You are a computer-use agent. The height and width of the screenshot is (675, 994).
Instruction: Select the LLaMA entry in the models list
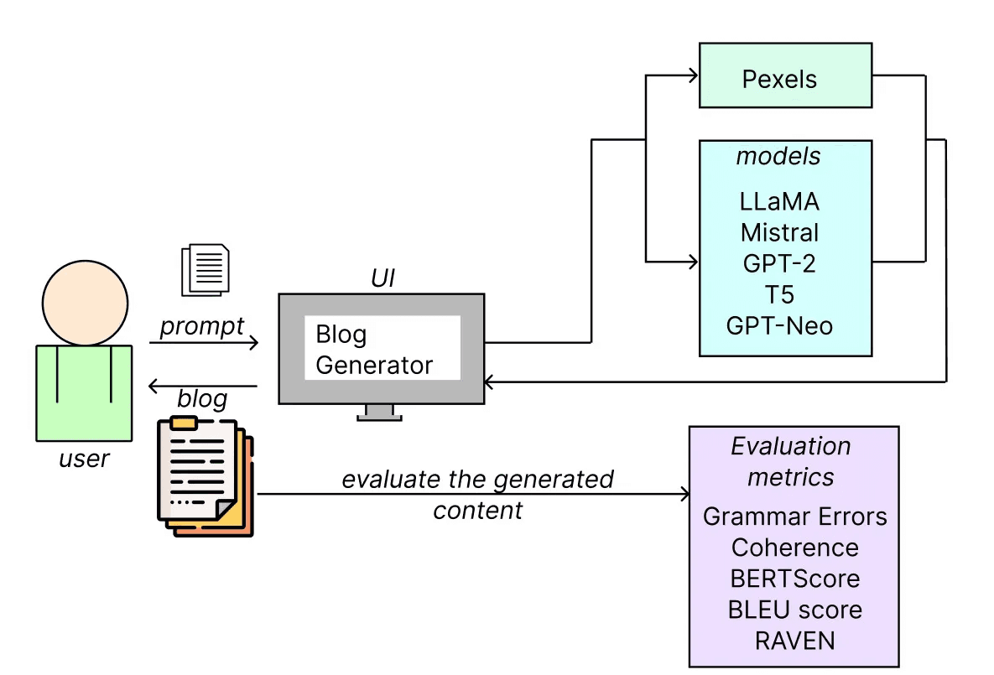point(779,202)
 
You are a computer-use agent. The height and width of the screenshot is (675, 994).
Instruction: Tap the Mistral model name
point(779,231)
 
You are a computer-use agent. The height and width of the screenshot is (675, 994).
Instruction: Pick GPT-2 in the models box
point(779,262)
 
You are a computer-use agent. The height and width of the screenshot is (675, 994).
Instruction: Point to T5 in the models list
point(779,293)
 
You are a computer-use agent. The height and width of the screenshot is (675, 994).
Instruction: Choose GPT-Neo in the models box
point(779,325)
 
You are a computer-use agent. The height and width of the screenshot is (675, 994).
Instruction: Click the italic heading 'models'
point(778,157)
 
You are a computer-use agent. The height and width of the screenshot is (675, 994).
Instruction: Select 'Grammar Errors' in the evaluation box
point(794,516)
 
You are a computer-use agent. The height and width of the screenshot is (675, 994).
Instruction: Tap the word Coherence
point(794,548)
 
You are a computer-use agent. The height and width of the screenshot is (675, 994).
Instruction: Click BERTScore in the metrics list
point(794,579)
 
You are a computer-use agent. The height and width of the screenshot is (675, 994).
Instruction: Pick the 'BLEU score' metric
point(794,610)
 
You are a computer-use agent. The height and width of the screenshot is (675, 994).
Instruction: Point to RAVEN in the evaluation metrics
point(794,641)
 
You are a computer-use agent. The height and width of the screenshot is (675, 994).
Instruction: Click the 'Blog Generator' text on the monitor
point(374,350)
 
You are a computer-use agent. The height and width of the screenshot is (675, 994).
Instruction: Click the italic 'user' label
point(84,459)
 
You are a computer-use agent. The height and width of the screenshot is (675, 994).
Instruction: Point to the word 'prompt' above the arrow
point(201,325)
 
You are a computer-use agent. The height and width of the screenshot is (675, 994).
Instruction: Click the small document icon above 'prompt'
point(205,268)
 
